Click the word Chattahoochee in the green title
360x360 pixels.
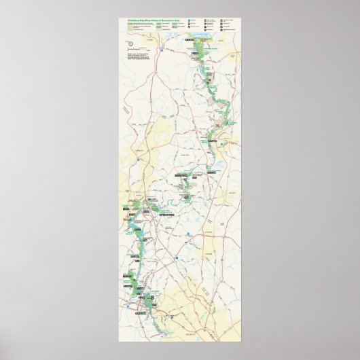pos(128,20)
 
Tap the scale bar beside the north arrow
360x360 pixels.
pos(143,46)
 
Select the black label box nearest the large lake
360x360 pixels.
pos(192,50)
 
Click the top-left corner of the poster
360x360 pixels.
pos(118,16)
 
